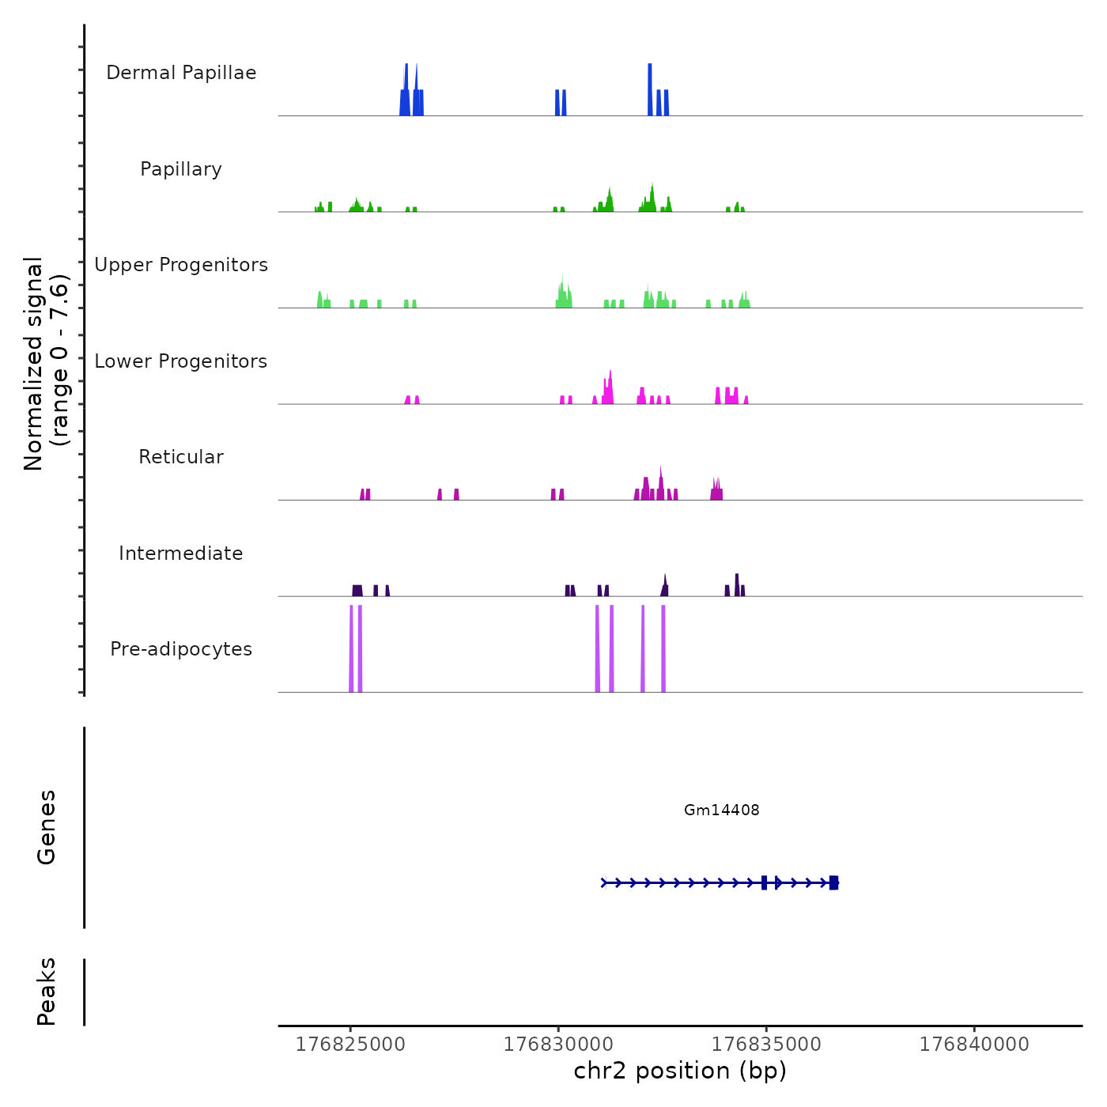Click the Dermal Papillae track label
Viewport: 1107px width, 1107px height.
point(181,73)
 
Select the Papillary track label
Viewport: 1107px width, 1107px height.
point(181,169)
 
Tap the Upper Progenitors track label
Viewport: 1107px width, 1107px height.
point(181,265)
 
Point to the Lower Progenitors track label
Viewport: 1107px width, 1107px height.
point(181,361)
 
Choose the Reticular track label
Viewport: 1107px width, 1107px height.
point(181,457)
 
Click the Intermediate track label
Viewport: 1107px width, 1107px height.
point(181,553)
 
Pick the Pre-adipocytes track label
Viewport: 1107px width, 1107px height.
point(181,649)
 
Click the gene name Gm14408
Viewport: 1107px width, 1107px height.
point(721,810)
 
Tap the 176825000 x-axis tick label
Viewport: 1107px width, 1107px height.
point(350,1045)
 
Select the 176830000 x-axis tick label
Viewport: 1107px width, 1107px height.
point(558,1045)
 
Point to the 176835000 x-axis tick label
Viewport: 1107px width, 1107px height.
point(766,1045)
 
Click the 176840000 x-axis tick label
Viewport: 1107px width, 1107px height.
point(974,1045)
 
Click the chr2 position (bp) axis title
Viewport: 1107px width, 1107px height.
point(680,1071)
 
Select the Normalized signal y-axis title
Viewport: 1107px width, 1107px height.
point(46,364)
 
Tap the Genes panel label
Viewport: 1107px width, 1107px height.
point(47,827)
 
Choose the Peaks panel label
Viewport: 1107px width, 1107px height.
point(47,992)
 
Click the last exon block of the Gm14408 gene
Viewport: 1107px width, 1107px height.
point(833,882)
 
